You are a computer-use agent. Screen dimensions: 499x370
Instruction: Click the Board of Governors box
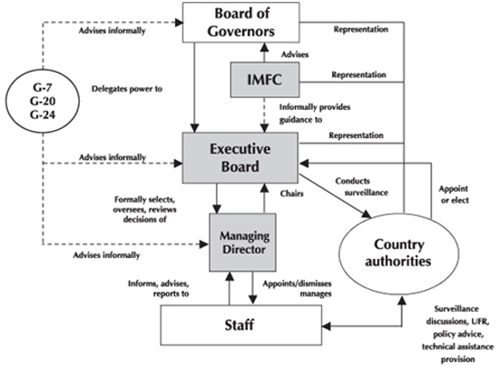click(241, 23)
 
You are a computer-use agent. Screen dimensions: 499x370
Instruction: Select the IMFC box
click(265, 80)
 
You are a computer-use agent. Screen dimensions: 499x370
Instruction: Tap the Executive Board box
click(240, 158)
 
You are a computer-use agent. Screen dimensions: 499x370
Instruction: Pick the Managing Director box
click(243, 243)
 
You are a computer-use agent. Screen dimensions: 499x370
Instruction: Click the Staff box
click(241, 325)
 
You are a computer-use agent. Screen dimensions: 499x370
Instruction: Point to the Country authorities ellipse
click(399, 254)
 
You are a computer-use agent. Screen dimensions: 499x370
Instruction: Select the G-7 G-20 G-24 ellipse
click(43, 101)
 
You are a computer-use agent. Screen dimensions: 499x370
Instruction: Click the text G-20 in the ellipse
click(43, 101)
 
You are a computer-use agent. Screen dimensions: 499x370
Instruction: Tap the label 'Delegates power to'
click(127, 89)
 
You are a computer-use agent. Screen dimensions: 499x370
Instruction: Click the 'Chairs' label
click(291, 194)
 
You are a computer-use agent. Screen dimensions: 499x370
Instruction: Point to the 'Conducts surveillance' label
click(362, 186)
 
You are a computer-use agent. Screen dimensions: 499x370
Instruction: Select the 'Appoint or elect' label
click(454, 195)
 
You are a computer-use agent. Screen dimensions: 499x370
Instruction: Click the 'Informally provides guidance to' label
click(315, 114)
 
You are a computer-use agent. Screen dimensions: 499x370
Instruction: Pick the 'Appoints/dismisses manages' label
click(297, 288)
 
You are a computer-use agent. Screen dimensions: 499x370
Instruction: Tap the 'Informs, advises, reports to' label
click(159, 288)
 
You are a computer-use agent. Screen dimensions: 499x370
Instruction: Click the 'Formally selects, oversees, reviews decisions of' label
click(144, 209)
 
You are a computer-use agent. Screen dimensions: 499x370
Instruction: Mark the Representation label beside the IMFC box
click(358, 75)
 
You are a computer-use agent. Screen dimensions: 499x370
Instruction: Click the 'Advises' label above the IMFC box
click(295, 55)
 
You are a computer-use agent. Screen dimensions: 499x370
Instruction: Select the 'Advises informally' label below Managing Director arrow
click(107, 255)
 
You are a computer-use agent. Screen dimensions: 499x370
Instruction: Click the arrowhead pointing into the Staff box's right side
click(326, 326)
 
